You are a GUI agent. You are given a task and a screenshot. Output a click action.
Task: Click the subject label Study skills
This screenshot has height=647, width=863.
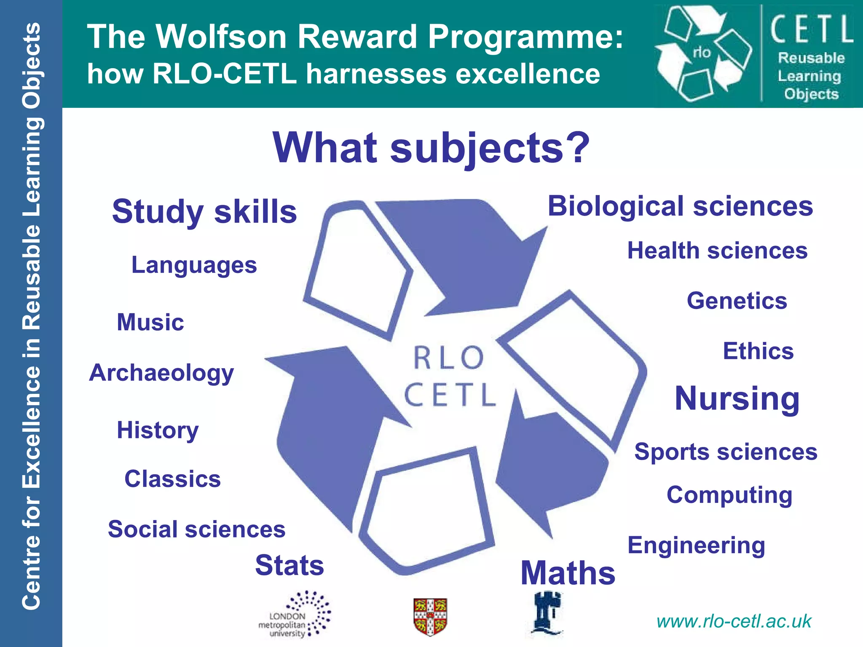click(x=204, y=212)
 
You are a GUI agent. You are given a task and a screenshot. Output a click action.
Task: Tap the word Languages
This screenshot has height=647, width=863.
click(x=194, y=265)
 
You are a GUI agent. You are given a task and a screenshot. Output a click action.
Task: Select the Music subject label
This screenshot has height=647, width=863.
click(x=150, y=322)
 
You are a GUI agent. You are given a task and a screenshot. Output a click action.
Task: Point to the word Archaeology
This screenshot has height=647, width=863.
click(x=161, y=373)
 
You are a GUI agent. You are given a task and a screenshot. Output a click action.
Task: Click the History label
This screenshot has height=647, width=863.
click(x=158, y=430)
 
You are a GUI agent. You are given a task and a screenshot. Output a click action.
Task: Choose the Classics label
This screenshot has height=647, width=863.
click(x=172, y=479)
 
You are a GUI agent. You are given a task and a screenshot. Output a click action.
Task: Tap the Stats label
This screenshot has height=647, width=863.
click(x=289, y=565)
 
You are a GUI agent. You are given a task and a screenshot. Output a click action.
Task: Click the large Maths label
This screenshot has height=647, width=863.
click(x=568, y=573)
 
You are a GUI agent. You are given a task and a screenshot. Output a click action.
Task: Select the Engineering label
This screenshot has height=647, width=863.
click(x=696, y=545)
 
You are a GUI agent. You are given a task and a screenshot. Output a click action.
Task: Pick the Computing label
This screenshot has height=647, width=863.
click(x=729, y=495)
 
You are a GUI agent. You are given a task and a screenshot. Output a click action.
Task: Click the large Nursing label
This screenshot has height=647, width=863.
click(x=737, y=398)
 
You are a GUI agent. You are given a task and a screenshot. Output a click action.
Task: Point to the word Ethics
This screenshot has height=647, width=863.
click(x=758, y=351)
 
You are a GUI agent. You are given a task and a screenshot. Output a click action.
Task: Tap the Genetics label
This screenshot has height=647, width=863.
click(x=737, y=301)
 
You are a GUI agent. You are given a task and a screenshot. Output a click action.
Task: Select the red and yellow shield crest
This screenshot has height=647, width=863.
click(x=430, y=616)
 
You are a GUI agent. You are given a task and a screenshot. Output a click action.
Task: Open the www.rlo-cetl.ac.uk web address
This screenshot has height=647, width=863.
click(x=734, y=621)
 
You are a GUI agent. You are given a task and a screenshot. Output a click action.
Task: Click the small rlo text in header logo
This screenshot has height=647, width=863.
click(x=702, y=52)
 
